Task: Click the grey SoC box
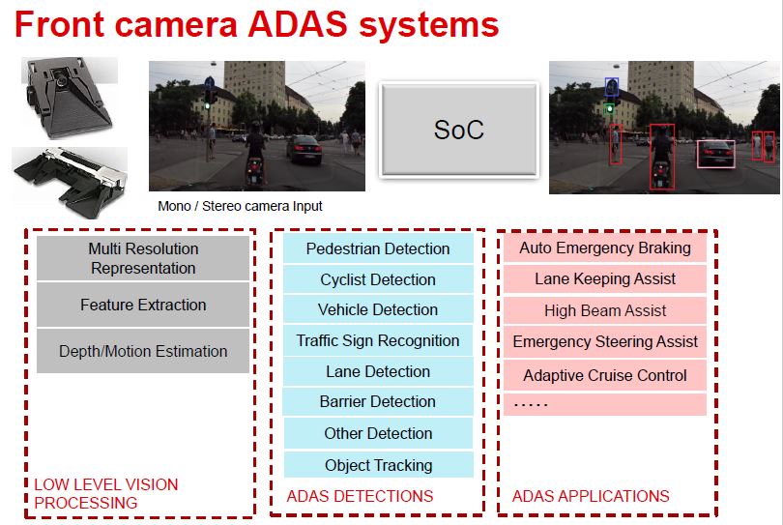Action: [459, 130]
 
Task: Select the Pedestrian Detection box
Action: [378, 248]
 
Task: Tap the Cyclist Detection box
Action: [378, 279]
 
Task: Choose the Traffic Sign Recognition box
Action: [378, 340]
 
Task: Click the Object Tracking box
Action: [379, 465]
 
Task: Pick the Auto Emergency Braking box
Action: [605, 248]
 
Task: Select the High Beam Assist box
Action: [605, 310]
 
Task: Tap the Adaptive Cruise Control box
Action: [605, 375]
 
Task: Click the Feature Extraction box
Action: [143, 305]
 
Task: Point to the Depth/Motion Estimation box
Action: [143, 351]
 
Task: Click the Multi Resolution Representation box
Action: [143, 258]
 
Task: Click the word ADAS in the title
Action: [298, 24]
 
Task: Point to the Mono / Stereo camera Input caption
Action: [240, 206]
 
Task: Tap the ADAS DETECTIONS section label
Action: [360, 496]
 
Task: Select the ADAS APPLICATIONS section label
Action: [591, 496]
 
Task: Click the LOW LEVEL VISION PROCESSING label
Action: [106, 493]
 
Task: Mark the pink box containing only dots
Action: [605, 404]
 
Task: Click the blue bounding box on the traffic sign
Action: [612, 87]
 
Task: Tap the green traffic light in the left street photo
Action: [208, 105]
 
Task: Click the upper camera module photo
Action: [70, 97]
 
